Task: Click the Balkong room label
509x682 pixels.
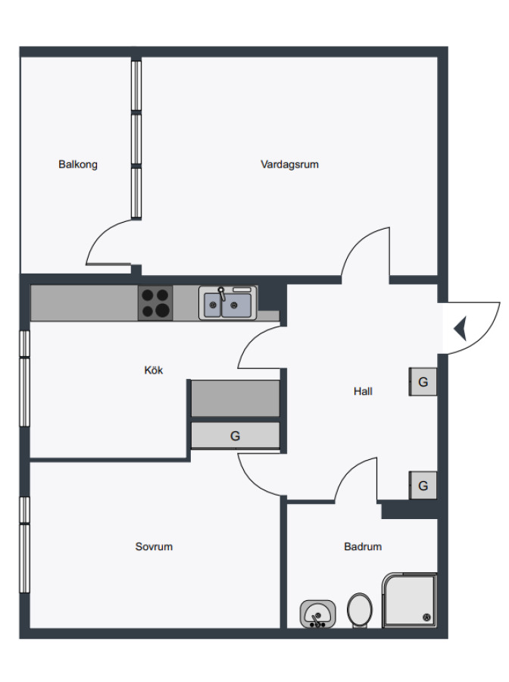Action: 78,164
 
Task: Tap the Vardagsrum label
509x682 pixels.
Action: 289,164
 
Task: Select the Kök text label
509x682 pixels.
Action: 154,370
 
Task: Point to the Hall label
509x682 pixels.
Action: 363,392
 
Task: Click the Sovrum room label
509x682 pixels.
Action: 154,546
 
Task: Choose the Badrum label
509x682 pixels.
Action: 363,546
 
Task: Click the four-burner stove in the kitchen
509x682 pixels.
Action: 155,302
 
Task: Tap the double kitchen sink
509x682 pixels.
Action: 228,302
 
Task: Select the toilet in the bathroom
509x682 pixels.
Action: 360,611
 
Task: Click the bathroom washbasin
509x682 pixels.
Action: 317,614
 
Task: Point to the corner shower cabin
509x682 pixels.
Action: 409,600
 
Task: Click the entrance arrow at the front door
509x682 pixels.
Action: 461,328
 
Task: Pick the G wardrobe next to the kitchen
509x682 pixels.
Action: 235,436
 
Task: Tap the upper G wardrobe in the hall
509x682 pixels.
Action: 423,382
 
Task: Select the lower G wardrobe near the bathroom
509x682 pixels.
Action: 423,486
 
